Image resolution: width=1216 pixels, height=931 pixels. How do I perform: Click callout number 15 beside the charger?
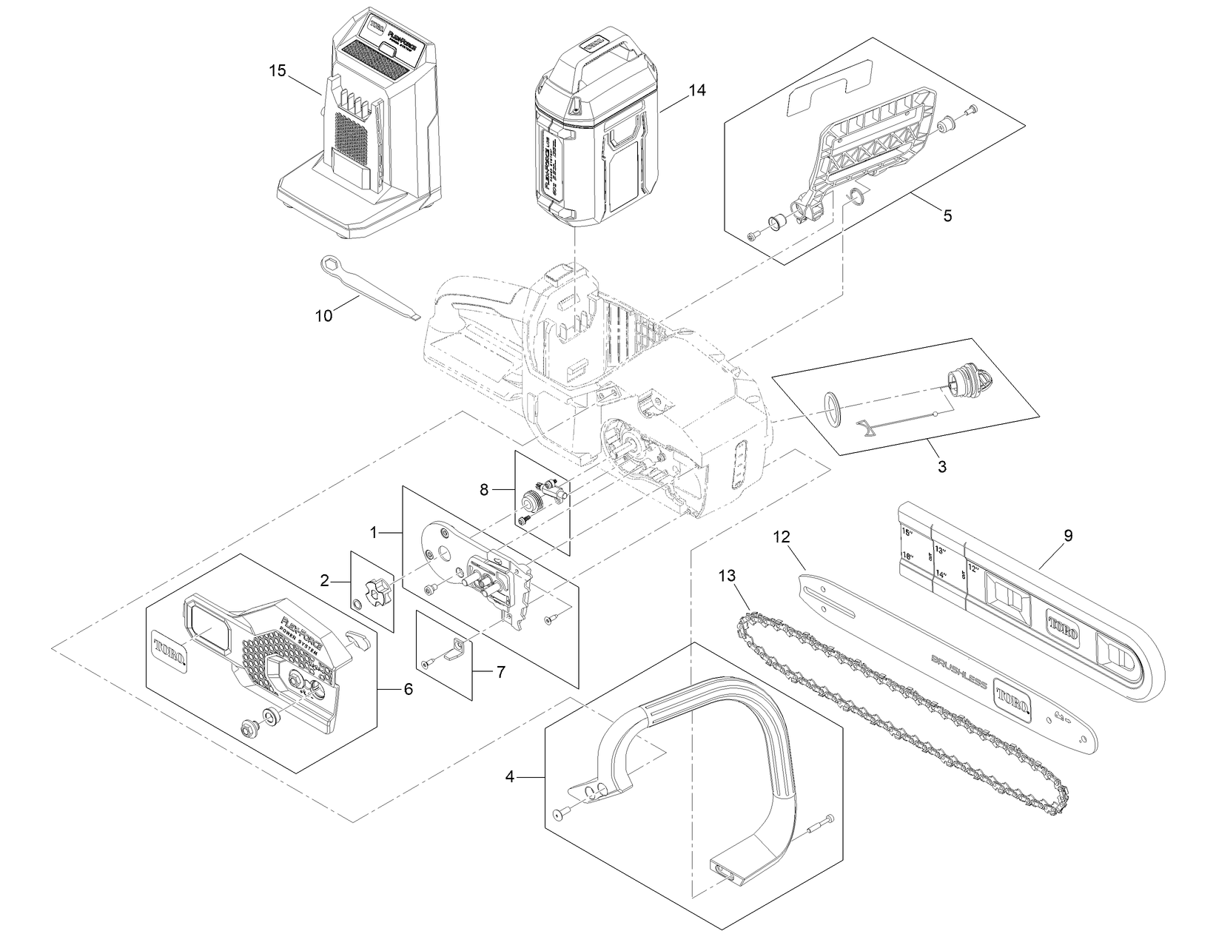coord(277,71)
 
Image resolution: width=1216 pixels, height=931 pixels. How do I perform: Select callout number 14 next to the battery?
coord(696,90)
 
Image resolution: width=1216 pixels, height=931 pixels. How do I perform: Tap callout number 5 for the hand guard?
coord(947,216)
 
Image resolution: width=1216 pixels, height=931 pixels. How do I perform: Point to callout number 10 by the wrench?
coord(323,315)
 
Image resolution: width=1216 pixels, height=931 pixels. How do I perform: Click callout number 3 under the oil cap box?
coord(941,467)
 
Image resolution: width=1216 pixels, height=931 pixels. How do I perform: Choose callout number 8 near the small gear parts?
coord(484,489)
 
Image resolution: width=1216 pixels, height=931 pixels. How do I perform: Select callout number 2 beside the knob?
coord(324,582)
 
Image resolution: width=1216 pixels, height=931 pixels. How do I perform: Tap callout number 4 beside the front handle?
coord(509,776)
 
